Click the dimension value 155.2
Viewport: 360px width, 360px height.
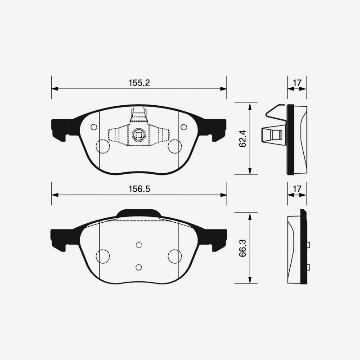click(139, 83)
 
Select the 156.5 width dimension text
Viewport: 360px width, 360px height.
click(139, 189)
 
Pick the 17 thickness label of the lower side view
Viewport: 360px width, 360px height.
click(297, 189)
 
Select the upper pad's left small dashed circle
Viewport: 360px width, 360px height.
click(94, 126)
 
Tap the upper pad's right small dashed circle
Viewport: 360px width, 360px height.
click(183, 126)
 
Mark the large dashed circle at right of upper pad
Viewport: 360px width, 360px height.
click(174, 146)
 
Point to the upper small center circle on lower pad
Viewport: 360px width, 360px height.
click(139, 244)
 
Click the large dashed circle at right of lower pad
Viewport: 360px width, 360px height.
click(174, 256)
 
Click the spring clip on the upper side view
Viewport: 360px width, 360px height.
click(273, 133)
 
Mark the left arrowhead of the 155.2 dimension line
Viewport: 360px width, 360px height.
click(55, 89)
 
